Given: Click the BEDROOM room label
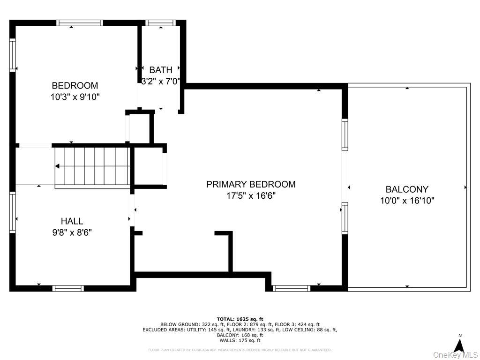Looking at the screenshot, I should pos(75,85).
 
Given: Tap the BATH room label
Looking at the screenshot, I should pos(161,70).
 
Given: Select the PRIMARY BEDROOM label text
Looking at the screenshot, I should pos(251,184).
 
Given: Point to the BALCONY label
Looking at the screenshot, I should pos(407,189).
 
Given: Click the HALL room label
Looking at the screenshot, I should pos(72,221).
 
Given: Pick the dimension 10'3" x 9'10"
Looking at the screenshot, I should pos(75,97).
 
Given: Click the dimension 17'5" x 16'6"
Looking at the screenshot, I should pos(251,196).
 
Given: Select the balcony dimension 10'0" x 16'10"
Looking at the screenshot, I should pos(407,201).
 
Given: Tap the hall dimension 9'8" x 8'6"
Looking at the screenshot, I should pos(72,232).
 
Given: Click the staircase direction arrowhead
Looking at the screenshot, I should pos(57,166).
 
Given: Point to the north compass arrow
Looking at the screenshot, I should pos(459,346).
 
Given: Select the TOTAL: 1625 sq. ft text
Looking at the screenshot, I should pos(240,319).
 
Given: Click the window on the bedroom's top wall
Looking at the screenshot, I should pos(80,22).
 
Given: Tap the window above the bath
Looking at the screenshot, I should pos(161,22).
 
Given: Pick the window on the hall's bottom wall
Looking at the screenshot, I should pos(68,288).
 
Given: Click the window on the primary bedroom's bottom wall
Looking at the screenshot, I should pos(292,288).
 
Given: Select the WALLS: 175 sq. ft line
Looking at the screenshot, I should pos(240,341).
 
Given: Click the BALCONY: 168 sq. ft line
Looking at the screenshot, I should pos(240,335).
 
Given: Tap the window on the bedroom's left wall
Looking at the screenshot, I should pos(13,55).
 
